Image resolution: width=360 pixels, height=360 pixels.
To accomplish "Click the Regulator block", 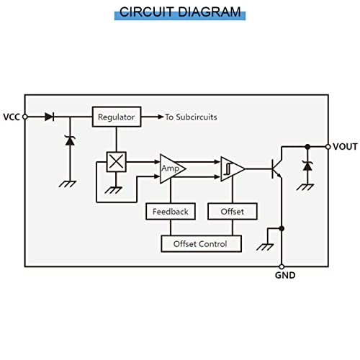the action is point(117,117).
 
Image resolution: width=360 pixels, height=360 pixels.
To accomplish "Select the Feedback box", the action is point(171,212).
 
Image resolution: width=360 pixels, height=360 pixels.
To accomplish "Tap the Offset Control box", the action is point(201,244).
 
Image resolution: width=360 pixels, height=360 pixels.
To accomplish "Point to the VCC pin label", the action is point(12,117).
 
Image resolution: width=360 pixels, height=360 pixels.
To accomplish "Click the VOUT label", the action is point(345,147).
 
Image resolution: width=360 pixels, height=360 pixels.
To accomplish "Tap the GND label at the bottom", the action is point(285,275).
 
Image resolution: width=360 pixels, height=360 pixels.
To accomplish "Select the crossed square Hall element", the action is point(117,162).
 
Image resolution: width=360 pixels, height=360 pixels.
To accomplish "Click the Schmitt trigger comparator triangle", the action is point(233,169).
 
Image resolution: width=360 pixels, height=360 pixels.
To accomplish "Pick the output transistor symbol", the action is point(276,168).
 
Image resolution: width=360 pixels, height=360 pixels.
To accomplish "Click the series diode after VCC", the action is point(50,117).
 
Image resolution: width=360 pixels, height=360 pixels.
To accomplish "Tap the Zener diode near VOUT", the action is point(307,166).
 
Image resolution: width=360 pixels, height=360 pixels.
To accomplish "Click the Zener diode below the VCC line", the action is point(70,140).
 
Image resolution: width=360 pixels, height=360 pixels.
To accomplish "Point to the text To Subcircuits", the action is point(191,117).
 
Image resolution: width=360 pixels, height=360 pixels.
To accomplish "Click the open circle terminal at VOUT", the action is point(328,147).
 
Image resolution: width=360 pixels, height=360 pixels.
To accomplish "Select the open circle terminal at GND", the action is point(282,266).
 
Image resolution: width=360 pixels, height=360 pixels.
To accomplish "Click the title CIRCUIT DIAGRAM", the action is point(180,12).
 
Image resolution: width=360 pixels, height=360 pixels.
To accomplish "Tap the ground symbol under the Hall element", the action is point(114,190).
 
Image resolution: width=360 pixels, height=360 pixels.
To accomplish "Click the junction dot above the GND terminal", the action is point(282,228).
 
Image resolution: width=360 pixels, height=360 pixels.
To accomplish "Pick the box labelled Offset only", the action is point(233,212).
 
